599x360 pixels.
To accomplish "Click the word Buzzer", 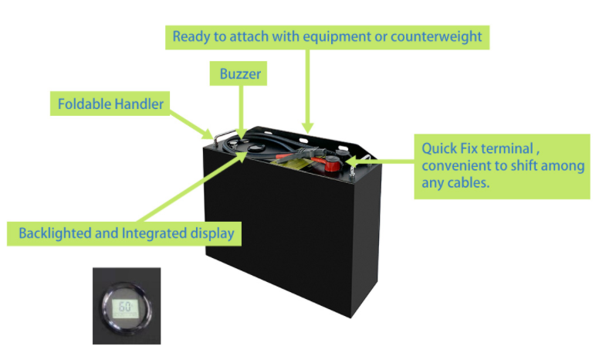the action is click(240, 73).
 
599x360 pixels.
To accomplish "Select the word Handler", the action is click(139, 104).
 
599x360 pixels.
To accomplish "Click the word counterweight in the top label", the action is click(436, 36).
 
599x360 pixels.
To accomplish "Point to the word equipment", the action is click(337, 37).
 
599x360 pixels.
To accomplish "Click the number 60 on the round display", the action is click(125, 307).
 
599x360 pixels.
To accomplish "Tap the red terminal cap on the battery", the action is click(332, 165).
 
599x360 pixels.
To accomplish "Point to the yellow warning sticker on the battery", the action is click(290, 164).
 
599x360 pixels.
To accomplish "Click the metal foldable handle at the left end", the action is click(222, 138).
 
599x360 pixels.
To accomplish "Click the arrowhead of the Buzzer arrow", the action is click(241, 134).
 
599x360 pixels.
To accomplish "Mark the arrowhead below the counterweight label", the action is click(307, 127).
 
